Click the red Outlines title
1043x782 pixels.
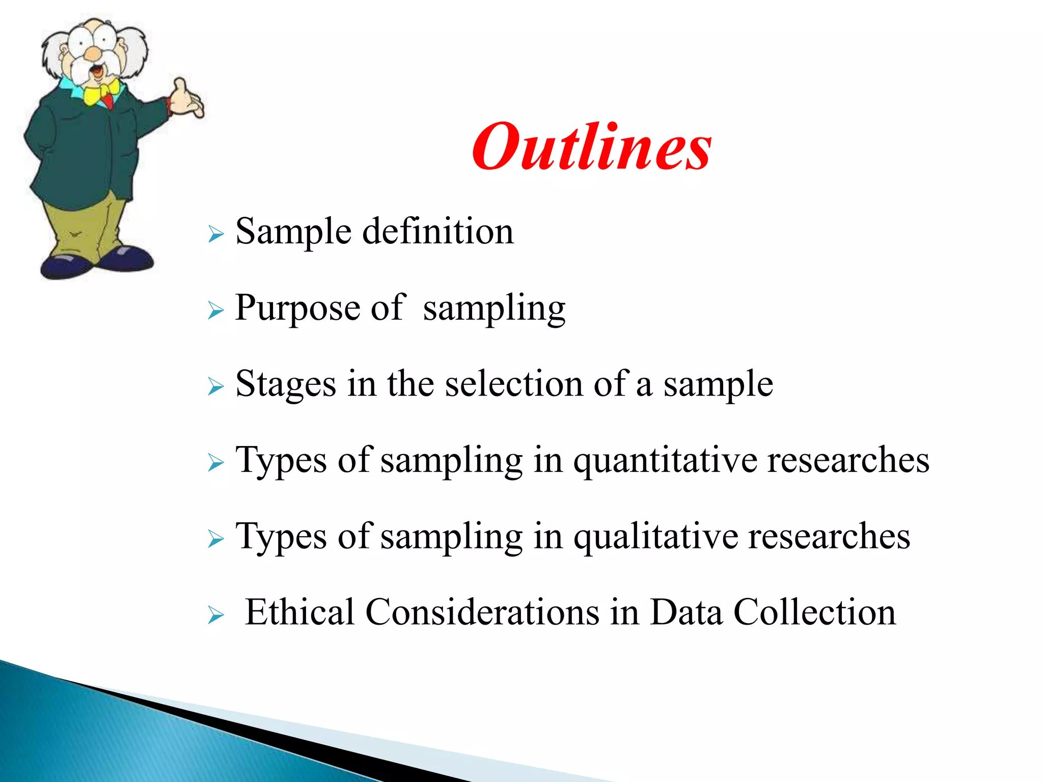pos(591,148)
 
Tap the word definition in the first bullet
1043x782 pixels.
pos(438,232)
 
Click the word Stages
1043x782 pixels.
pos(286,384)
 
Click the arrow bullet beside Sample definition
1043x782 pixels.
pos(216,235)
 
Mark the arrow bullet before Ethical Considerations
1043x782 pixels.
pos(216,616)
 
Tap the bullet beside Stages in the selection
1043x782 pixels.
pos(216,387)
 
